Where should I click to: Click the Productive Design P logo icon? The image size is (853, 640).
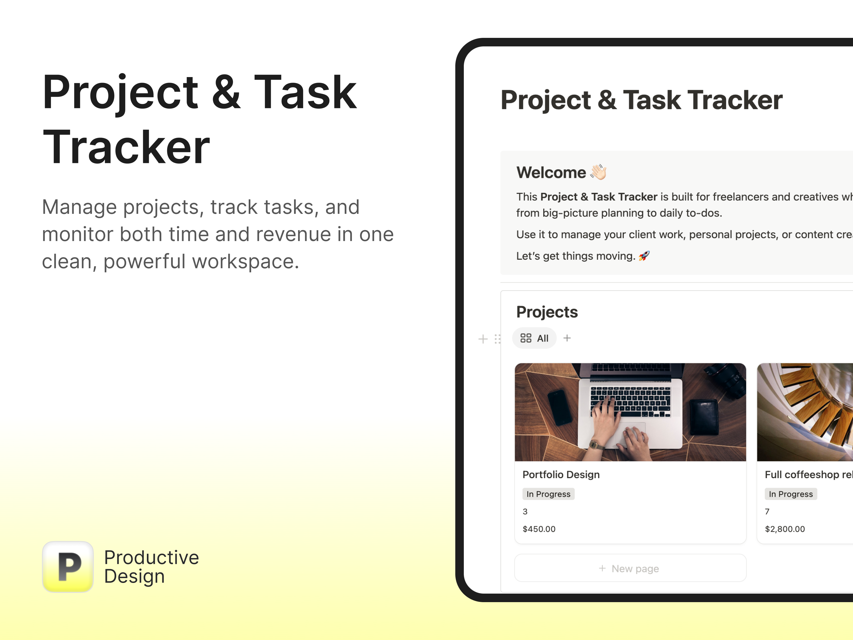click(68, 567)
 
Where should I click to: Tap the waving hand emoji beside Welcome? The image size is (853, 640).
click(598, 172)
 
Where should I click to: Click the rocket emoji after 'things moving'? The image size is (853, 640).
click(644, 256)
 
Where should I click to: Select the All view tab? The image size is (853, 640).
click(534, 338)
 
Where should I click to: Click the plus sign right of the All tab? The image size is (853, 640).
click(567, 338)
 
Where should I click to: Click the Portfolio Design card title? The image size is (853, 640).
click(561, 474)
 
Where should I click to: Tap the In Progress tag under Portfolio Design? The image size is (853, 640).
click(548, 494)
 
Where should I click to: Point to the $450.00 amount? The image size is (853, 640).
click(539, 529)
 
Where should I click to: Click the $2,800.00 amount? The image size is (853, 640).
click(785, 529)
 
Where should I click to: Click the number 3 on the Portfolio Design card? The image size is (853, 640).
click(525, 511)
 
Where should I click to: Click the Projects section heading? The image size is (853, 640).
click(547, 312)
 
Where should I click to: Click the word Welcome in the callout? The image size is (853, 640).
click(551, 173)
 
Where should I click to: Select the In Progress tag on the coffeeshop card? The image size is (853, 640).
click(791, 494)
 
